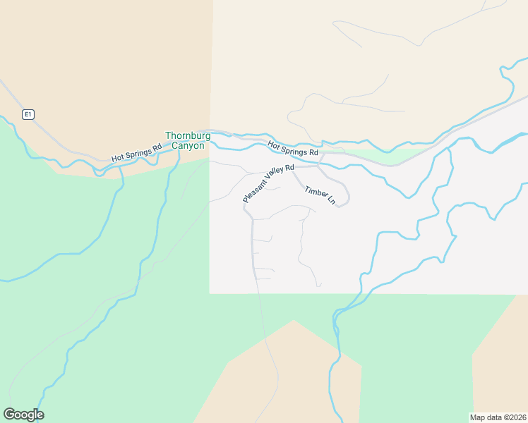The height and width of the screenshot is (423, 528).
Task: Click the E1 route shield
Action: pos(28,114)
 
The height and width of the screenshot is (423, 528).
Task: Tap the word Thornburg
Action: pos(188,135)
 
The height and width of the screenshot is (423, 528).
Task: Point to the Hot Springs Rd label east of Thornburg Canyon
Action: pos(293,148)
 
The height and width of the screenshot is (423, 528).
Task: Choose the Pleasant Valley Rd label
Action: pos(268,183)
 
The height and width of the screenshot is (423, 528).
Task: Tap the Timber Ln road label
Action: pos(320,195)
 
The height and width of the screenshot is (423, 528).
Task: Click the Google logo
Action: pos(23,415)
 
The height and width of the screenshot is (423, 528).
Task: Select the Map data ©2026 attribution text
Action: pos(498,417)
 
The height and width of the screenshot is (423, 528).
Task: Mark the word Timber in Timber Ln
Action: pos(315,192)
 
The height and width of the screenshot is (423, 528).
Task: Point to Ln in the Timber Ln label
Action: pos(331,201)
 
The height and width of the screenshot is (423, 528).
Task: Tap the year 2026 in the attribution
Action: pos(517,417)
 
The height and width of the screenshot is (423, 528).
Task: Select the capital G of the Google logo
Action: pos(9,414)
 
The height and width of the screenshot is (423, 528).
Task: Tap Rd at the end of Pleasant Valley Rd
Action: pos(289,168)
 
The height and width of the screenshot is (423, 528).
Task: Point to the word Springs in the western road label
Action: pos(137,152)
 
